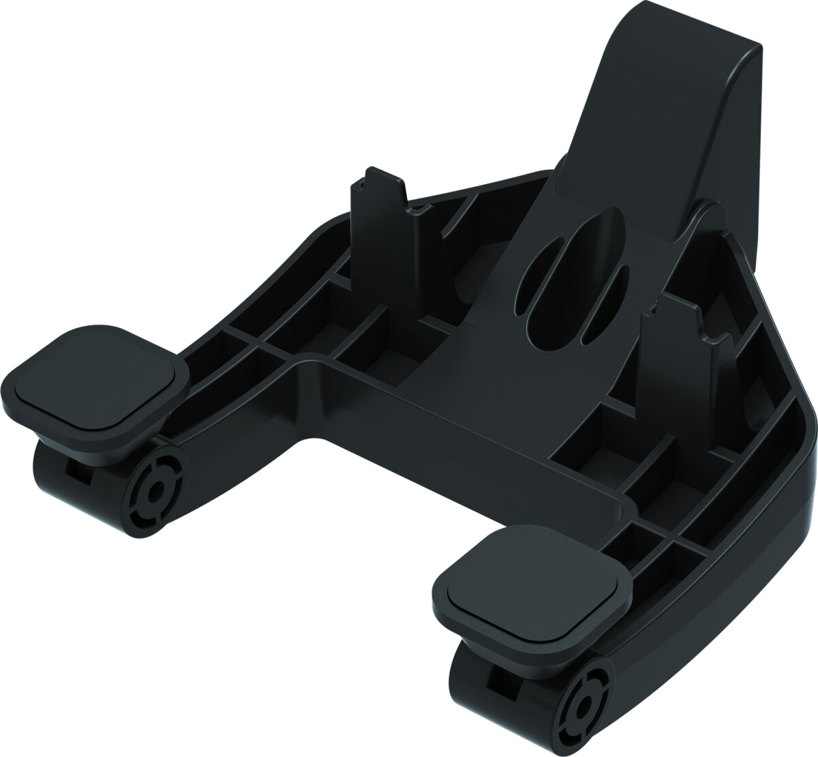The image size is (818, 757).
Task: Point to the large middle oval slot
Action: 573,280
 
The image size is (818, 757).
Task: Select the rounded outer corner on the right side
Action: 804,423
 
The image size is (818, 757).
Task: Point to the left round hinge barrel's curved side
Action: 55,477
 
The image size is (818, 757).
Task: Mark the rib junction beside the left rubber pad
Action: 259,341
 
